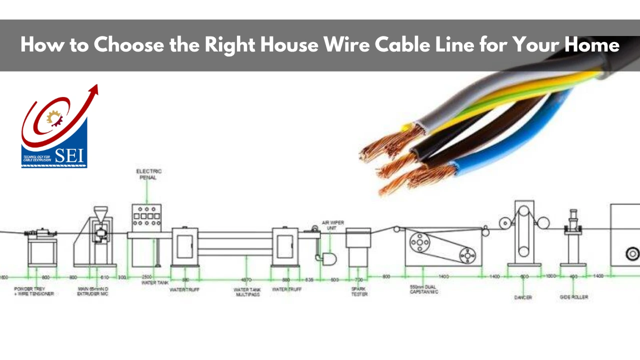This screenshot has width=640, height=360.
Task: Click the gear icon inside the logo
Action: coord(53,117)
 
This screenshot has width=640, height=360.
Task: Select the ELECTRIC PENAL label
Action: coord(148,174)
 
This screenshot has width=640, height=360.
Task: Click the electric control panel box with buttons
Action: coord(146,217)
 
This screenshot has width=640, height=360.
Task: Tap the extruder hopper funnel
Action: coord(100,213)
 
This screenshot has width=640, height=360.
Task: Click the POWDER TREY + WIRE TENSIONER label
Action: coord(34,291)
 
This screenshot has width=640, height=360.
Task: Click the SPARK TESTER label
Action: coord(359,291)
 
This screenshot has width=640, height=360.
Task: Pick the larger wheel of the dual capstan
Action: coord(419,243)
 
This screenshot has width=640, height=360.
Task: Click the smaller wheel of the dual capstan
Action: coord(468,255)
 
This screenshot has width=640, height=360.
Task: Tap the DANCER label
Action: coord(523,297)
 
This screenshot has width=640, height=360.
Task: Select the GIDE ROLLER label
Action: coord(573,297)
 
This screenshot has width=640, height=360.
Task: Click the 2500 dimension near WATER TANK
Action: coord(146,276)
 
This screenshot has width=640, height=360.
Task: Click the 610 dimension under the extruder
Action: coord(104,276)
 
